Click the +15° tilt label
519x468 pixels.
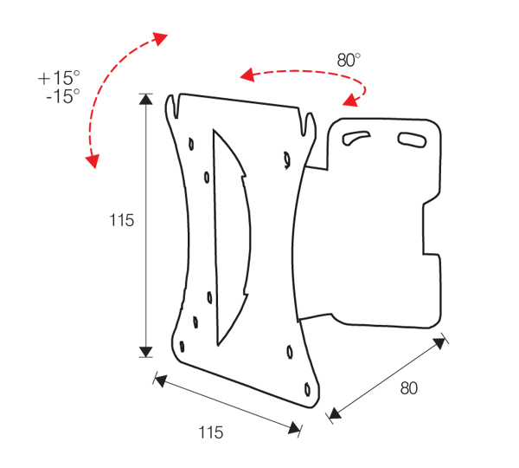(59, 77)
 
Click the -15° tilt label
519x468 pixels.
(62, 94)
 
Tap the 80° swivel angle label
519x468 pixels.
(349, 60)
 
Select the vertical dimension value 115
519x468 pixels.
(122, 220)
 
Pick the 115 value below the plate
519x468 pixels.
(210, 432)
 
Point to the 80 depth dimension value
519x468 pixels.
(408, 388)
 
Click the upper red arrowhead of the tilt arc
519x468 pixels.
(159, 37)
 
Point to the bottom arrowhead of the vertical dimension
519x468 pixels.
(145, 351)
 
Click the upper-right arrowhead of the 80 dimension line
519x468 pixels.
(440, 343)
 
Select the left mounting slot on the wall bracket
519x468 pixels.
(357, 136)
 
